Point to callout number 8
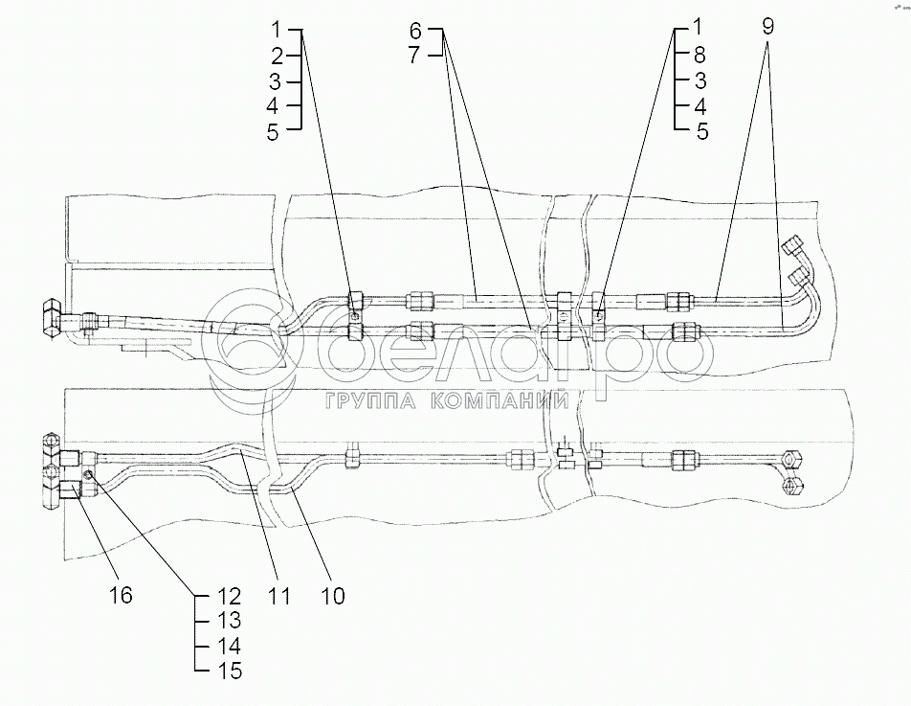click(701, 55)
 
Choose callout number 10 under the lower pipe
click(332, 595)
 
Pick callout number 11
click(278, 595)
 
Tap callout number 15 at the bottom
click(230, 672)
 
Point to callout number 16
click(121, 595)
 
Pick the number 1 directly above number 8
click(701, 30)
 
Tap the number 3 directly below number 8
click(701, 80)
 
